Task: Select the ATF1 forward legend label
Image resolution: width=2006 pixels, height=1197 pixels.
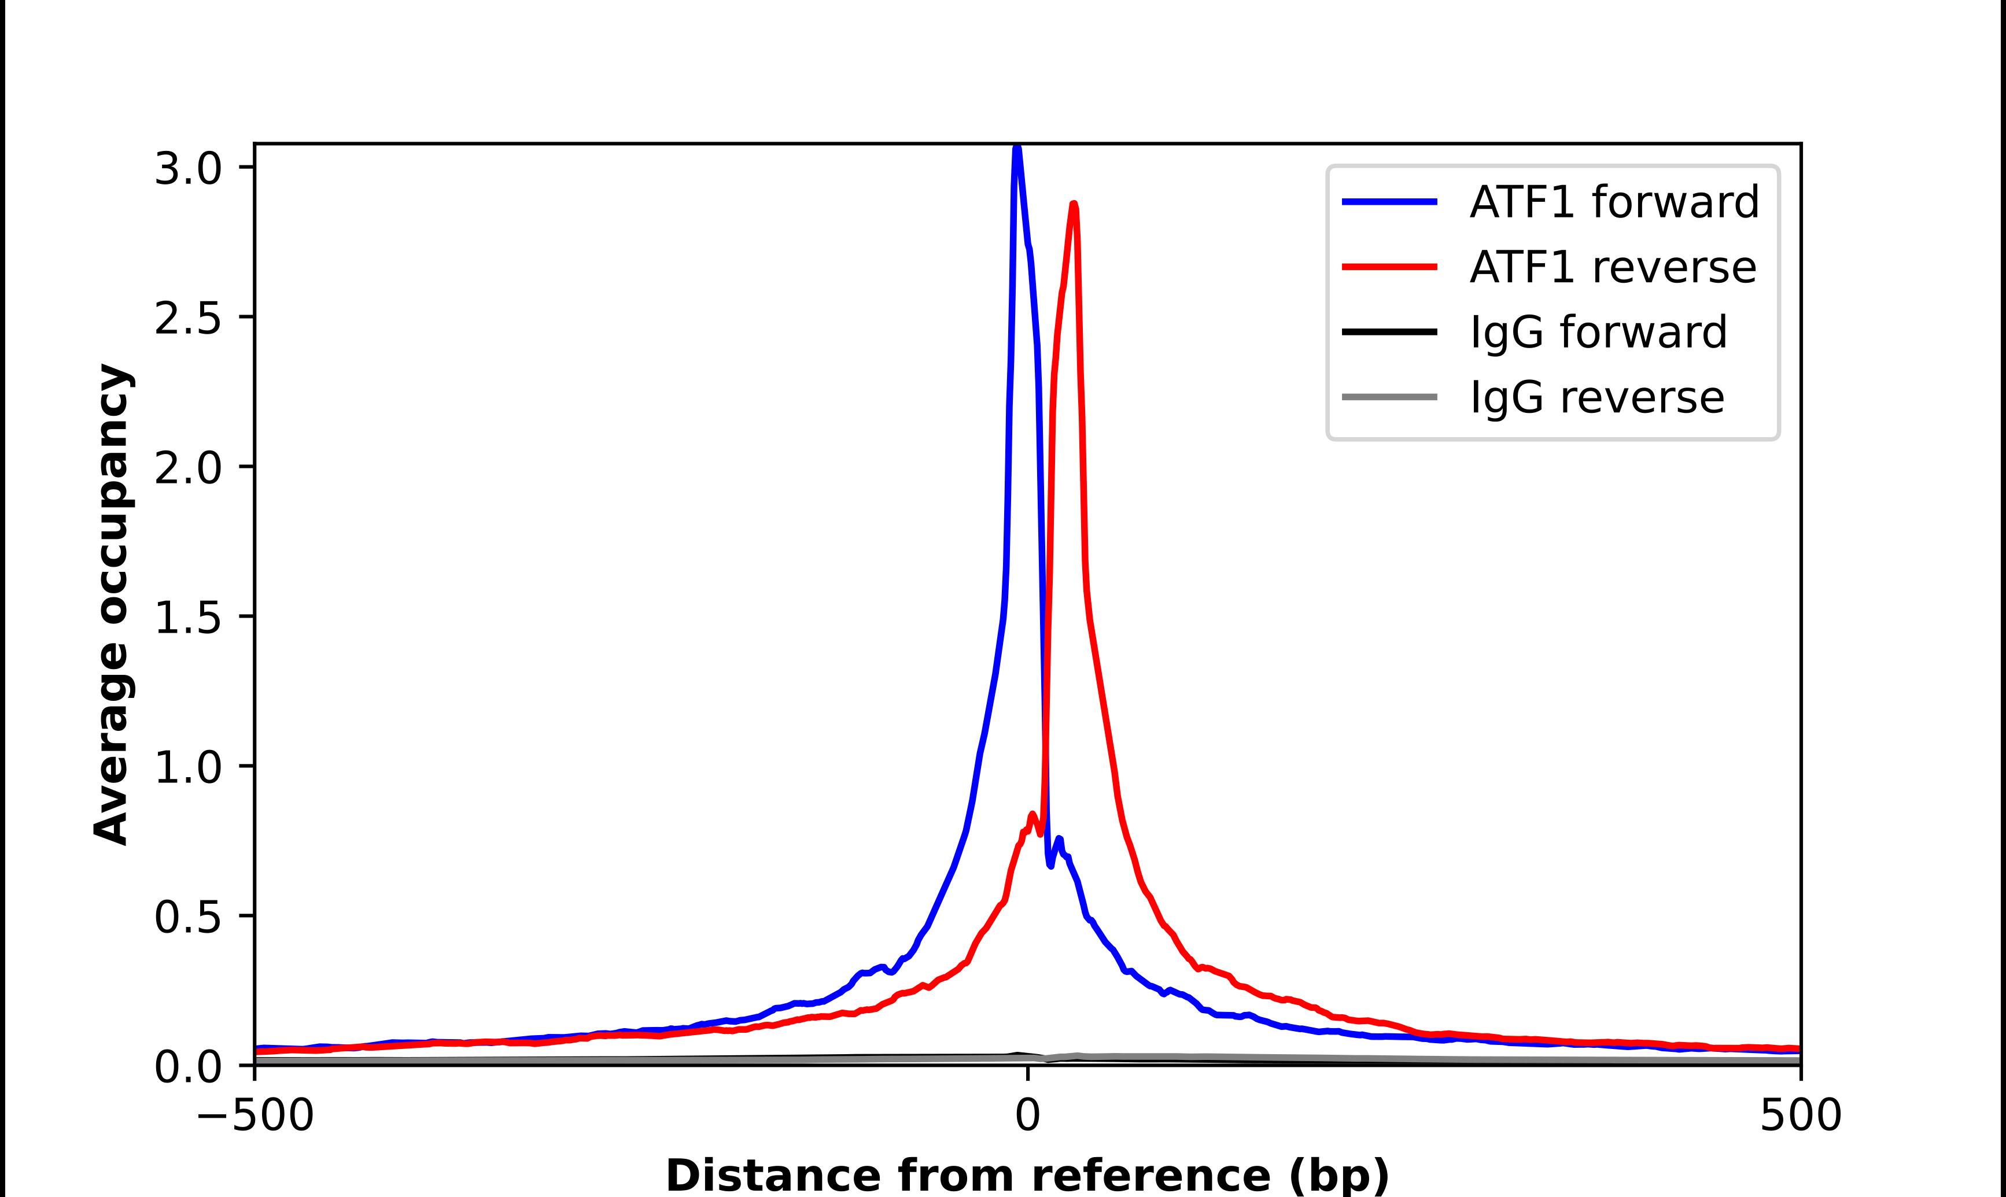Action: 1614,202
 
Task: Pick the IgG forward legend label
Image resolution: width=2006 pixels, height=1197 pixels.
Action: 1598,332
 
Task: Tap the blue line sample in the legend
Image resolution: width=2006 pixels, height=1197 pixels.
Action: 1389,202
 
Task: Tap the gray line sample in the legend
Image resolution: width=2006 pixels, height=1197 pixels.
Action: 1389,397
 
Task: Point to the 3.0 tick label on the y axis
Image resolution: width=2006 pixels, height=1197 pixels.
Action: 187,169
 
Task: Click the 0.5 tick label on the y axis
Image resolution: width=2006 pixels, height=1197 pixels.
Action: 187,918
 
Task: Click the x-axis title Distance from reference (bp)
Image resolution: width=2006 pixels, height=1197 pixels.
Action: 1027,1174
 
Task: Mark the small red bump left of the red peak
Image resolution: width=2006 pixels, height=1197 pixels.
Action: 1032,817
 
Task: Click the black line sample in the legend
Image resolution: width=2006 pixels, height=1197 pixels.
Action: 1389,331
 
